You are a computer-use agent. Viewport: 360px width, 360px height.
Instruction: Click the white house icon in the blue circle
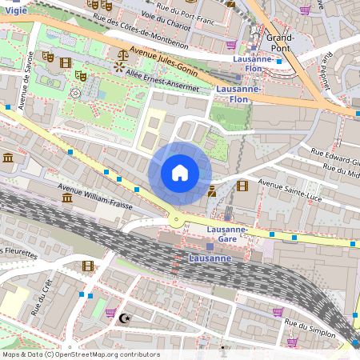point(180,173)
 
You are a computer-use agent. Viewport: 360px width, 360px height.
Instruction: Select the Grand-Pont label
point(281,42)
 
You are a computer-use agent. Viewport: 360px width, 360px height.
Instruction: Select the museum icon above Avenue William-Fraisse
point(8,158)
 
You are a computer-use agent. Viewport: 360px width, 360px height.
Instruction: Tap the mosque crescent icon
point(123,318)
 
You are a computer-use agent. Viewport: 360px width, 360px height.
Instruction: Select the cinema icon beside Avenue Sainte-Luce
point(242,186)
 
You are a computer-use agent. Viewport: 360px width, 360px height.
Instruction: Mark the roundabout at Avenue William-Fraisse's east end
point(175,220)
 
